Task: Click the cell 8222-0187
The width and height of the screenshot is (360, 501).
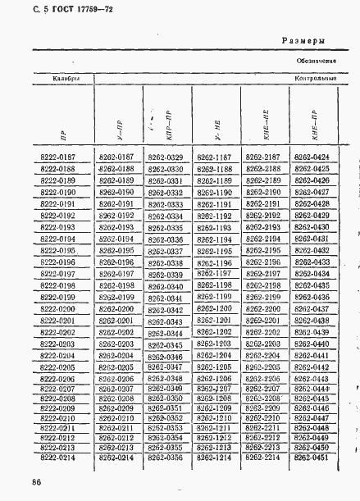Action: point(57,157)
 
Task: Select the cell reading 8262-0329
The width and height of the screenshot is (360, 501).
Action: point(164,157)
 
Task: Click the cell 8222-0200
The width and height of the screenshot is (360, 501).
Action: point(57,308)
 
